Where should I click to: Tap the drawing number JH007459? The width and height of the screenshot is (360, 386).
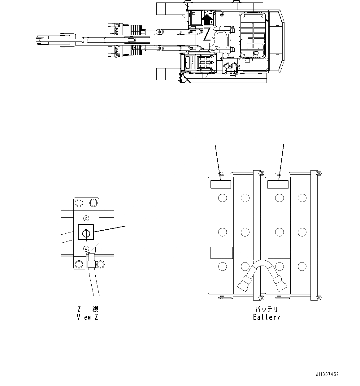click(x=327, y=374)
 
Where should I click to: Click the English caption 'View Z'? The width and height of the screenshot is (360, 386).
click(x=88, y=317)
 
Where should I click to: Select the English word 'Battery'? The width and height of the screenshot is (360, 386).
click(x=267, y=317)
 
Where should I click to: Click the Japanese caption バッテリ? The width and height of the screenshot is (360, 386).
click(x=267, y=309)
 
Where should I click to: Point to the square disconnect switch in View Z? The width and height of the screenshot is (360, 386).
click(x=86, y=232)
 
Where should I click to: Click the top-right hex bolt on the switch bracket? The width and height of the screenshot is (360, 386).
click(x=93, y=203)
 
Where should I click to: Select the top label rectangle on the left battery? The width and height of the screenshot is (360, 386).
click(x=221, y=184)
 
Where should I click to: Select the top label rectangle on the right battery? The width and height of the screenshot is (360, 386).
click(x=278, y=184)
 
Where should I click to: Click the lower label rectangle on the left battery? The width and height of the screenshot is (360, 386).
click(x=221, y=253)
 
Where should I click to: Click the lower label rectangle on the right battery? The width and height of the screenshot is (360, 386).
click(x=279, y=253)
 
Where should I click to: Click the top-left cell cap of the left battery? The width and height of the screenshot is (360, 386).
click(x=222, y=198)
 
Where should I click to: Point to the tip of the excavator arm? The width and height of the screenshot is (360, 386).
click(x=38, y=40)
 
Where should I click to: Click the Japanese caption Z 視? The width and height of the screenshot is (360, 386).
click(x=88, y=309)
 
